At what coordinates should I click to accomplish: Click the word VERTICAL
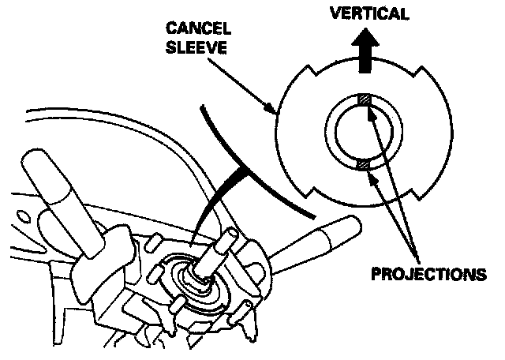pos(369,13)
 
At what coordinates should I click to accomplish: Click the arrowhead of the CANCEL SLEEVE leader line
pos(275,111)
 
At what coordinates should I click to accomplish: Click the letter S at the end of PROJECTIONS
pos(480,276)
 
